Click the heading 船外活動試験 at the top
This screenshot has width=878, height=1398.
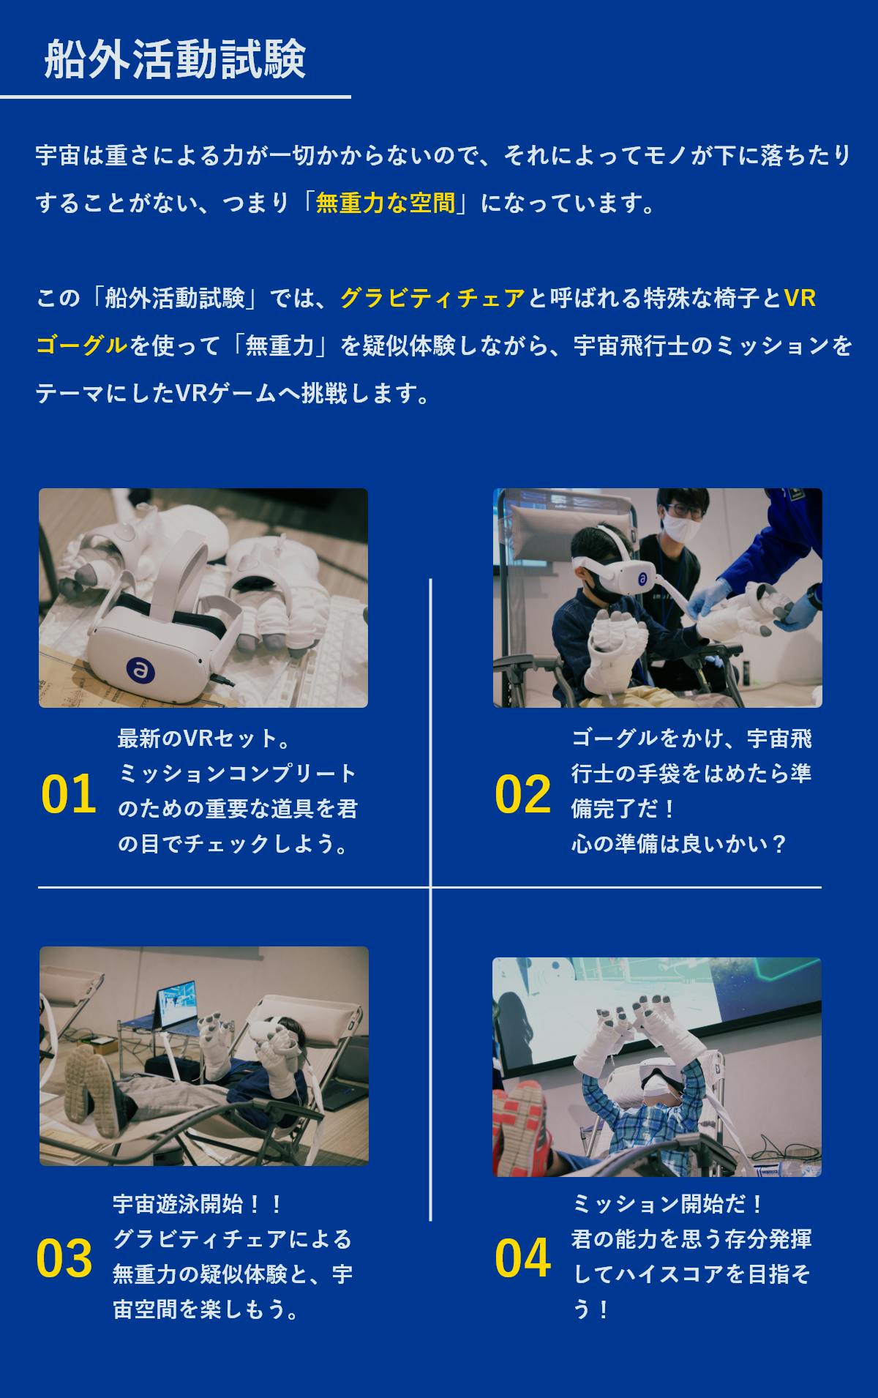point(175,59)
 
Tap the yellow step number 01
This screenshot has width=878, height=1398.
point(69,794)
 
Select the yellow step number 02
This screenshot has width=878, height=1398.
point(522,794)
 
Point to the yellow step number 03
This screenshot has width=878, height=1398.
point(64,1259)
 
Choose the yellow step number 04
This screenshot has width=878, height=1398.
point(522,1259)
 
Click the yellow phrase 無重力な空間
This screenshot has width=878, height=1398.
point(386,203)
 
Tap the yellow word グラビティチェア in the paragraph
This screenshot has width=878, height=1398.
point(433,298)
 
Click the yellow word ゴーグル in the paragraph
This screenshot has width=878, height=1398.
point(82,345)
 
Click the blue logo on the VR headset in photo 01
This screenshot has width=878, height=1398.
point(137,668)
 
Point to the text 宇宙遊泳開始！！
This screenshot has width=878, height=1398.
point(198,1203)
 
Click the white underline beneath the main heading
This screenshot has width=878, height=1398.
point(176,97)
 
